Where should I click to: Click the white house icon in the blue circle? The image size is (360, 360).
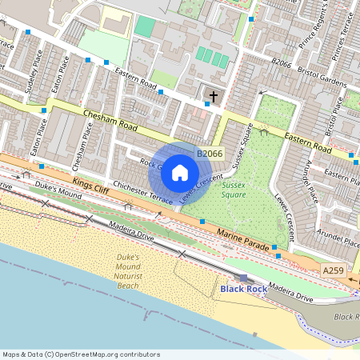coord(180,172)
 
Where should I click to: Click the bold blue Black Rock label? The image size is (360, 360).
coord(243,288)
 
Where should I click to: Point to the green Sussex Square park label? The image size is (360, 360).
coord(233,190)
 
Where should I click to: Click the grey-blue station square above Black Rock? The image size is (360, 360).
coord(243,278)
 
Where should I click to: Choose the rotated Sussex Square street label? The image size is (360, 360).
coord(242,147)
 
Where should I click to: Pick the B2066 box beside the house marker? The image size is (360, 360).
coord(210,153)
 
